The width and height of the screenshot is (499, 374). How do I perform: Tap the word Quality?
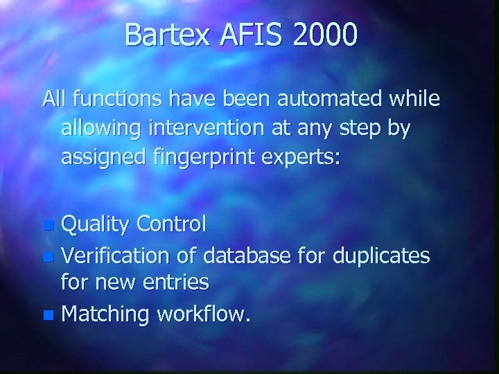tap(96, 224)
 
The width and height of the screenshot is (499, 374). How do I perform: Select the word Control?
tap(172, 224)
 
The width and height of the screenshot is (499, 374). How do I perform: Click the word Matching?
tap(106, 314)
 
